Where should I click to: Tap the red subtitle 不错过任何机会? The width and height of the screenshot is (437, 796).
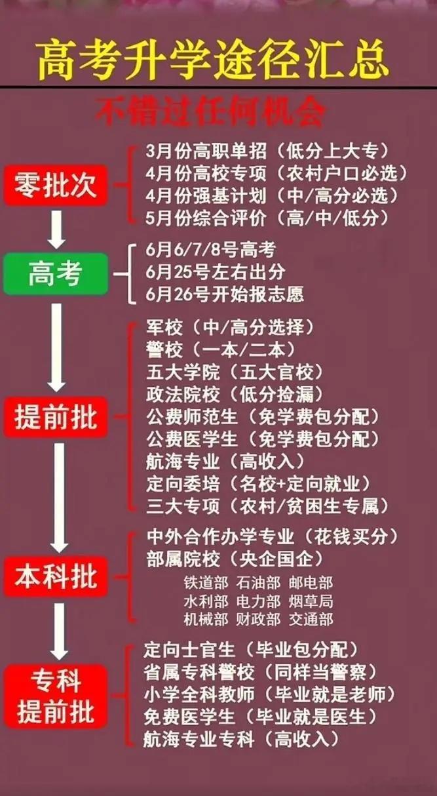[210, 113]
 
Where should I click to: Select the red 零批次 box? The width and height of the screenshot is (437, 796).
[56, 185]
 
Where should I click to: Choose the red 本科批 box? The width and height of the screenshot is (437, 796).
[56, 577]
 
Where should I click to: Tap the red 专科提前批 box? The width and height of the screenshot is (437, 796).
[56, 696]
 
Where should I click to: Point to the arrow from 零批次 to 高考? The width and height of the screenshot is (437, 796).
[56, 228]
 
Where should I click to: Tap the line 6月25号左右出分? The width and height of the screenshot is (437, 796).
[216, 271]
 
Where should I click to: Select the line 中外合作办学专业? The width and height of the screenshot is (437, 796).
[272, 537]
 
